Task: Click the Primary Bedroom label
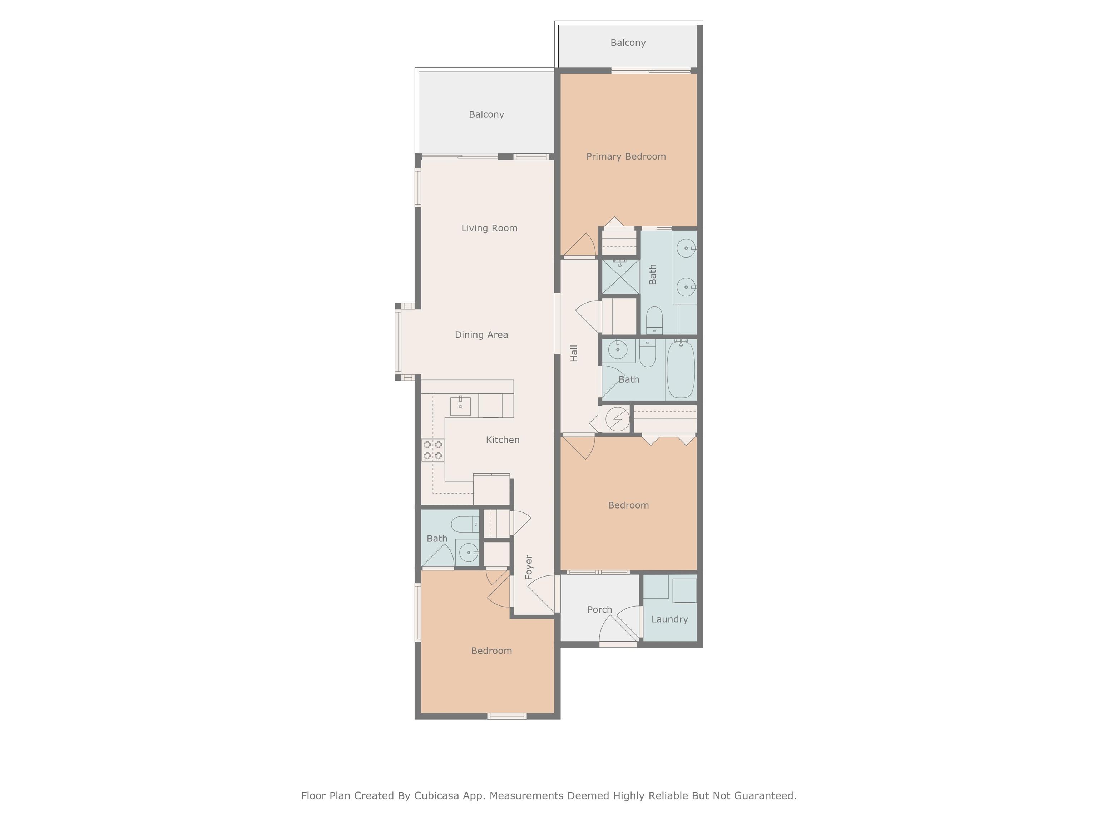tap(626, 156)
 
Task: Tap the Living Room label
tap(489, 228)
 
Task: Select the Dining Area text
tap(481, 335)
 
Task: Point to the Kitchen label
tap(503, 440)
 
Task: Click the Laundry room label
tap(669, 619)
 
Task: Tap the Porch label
tap(600, 609)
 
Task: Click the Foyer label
tap(529, 567)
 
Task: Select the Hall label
tap(574, 353)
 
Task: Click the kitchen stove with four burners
tap(433, 450)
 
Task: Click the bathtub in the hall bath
tap(681, 369)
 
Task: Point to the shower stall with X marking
tap(620, 277)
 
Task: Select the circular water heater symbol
tap(618, 419)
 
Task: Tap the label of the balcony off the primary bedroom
tap(628, 43)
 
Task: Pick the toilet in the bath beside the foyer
tap(465, 524)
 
